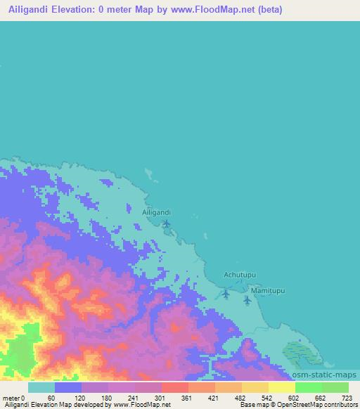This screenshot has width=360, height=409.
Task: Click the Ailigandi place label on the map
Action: (156, 212)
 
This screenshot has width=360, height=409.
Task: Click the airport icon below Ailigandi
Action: (167, 224)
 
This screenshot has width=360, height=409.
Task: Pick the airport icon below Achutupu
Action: (225, 293)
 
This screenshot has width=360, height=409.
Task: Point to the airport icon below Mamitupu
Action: (247, 300)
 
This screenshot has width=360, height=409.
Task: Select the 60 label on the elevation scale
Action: (51, 397)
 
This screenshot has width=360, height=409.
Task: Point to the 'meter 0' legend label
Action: (13, 397)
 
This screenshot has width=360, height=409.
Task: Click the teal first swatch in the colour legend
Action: (41, 387)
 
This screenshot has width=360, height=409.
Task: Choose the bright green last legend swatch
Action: (335, 387)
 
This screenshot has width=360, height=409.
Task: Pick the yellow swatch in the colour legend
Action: (281, 387)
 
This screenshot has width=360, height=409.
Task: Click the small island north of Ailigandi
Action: (148, 173)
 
